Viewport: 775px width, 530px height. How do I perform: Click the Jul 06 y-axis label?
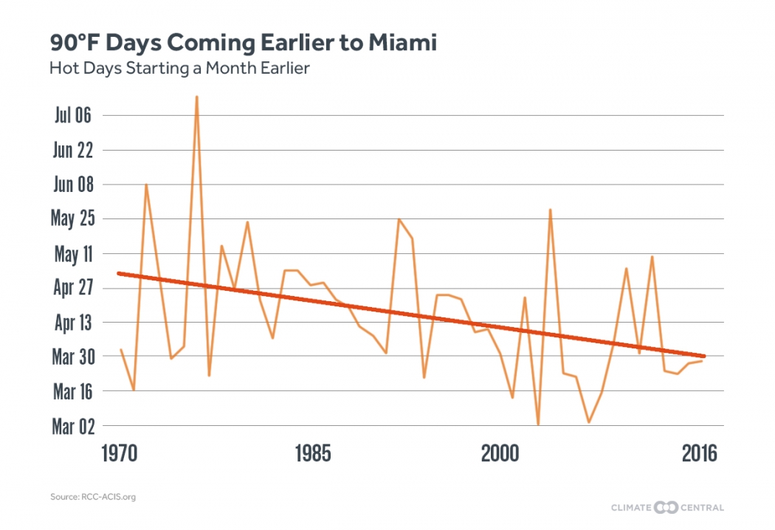click(72, 115)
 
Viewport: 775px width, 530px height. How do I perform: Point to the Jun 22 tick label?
click(73, 150)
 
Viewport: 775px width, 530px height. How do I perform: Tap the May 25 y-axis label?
click(72, 218)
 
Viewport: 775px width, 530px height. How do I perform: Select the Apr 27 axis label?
click(73, 287)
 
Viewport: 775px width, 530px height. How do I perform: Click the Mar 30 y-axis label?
click(73, 357)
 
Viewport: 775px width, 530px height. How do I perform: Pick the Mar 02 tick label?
click(73, 426)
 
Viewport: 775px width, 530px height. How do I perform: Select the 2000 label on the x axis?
click(500, 453)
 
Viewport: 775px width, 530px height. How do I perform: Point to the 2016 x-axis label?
click(699, 453)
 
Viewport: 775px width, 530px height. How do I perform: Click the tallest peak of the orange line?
click(196, 97)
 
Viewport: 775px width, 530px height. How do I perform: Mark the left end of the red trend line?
click(119, 273)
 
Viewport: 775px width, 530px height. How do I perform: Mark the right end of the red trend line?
click(705, 356)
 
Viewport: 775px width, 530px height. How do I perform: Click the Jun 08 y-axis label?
click(73, 185)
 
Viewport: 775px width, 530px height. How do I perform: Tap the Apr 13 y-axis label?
click(73, 322)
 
